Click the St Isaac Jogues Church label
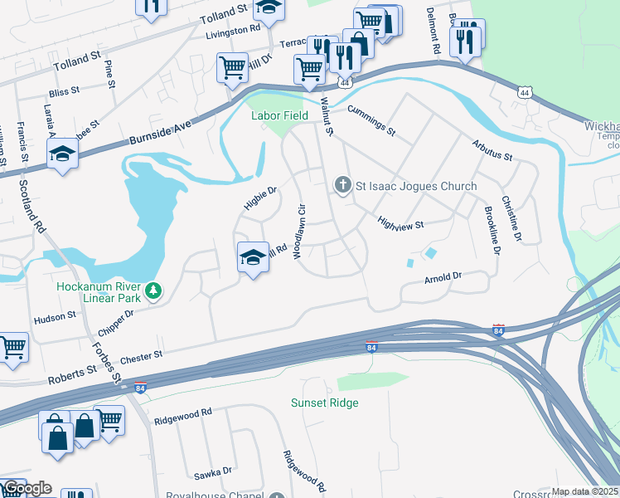(x=416, y=186)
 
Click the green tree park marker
(x=153, y=290)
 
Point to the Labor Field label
(x=281, y=115)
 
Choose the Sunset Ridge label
(x=324, y=403)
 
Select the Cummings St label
(x=372, y=120)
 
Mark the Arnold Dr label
(x=442, y=278)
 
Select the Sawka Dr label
(x=213, y=472)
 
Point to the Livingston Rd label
(x=232, y=30)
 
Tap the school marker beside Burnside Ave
(x=62, y=155)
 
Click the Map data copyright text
(x=585, y=492)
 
